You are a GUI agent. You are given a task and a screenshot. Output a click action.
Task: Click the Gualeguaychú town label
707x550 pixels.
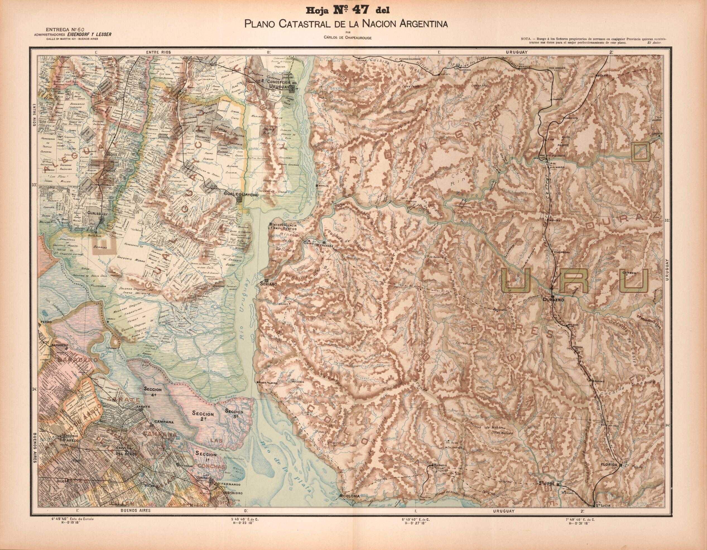click(x=239, y=193)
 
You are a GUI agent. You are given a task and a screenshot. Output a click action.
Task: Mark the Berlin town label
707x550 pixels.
click(x=323, y=186)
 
